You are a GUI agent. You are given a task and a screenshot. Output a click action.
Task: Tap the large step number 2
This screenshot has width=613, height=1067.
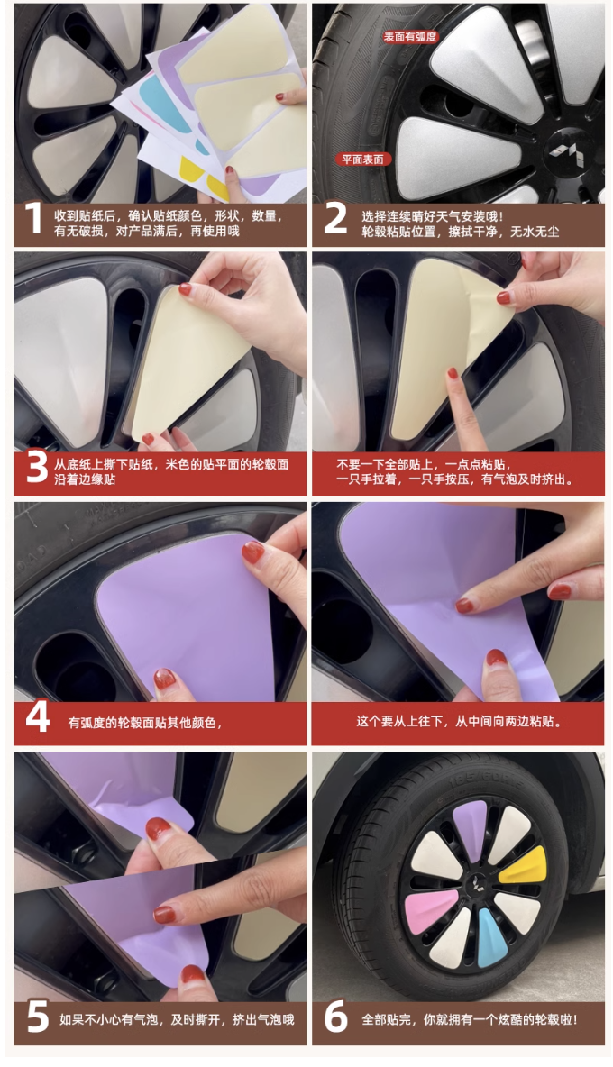(334, 220)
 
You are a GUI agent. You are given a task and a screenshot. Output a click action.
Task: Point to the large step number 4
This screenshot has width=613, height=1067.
(38, 718)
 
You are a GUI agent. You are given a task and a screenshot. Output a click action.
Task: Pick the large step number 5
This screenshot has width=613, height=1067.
(38, 1018)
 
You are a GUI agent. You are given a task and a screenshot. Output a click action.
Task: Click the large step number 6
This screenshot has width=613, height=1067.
(335, 1018)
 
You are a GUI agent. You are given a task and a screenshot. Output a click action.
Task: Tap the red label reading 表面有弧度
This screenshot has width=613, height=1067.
(409, 37)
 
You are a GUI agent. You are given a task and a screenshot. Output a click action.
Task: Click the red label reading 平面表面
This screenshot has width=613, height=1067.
(362, 160)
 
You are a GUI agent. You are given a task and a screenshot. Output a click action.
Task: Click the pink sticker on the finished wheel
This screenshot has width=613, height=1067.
(431, 907)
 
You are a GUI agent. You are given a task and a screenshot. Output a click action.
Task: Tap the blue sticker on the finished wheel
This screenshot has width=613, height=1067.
(491, 935)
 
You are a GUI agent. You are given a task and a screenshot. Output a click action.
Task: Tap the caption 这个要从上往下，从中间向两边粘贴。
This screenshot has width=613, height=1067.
(460, 721)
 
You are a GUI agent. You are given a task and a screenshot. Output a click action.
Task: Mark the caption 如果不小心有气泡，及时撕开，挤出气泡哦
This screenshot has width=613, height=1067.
(177, 1019)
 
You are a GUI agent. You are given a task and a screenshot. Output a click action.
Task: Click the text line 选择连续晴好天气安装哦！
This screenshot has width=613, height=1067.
(434, 216)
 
